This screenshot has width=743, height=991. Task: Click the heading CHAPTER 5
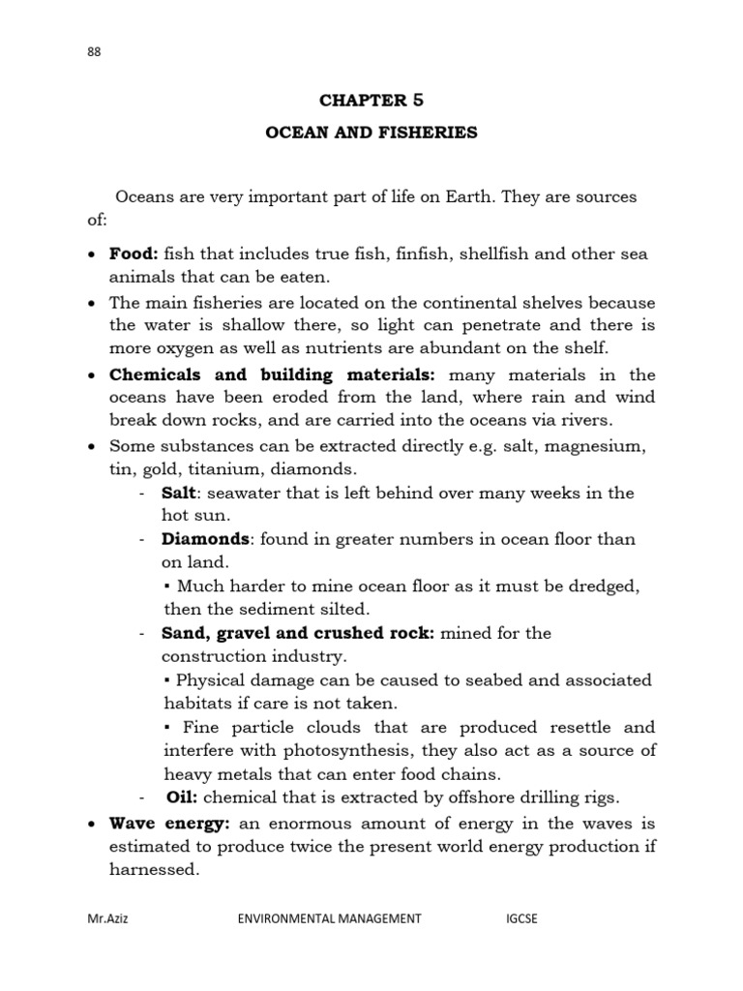click(371, 100)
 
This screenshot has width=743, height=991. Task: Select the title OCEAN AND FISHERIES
click(371, 133)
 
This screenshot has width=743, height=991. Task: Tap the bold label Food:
click(134, 254)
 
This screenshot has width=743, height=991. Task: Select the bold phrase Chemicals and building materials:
click(273, 375)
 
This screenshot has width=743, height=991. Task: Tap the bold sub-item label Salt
click(179, 493)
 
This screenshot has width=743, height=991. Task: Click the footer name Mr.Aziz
click(107, 919)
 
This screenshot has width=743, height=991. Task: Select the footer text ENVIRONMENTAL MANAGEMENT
click(329, 919)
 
